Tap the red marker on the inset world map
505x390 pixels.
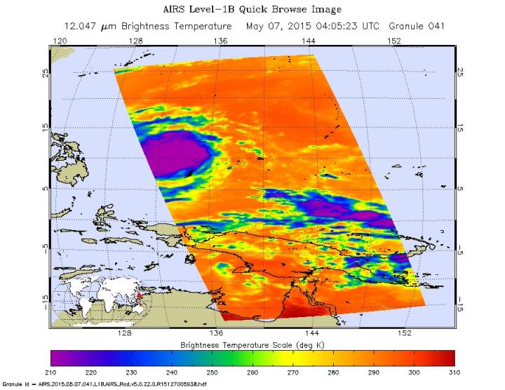pos(139,295)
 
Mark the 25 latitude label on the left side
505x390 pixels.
pos(46,73)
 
